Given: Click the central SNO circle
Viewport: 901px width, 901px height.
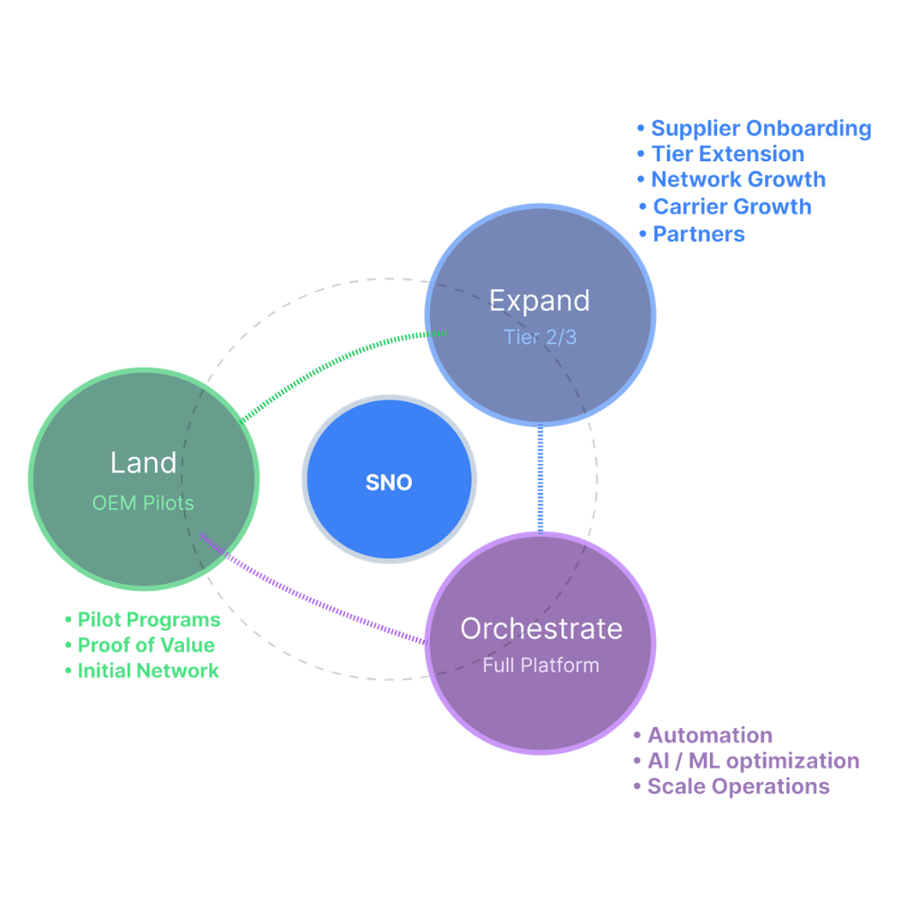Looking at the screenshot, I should pyautogui.click(x=389, y=482).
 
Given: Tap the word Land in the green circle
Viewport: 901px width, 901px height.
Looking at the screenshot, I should pyautogui.click(x=143, y=463).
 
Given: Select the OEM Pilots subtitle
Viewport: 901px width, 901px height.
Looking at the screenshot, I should pyautogui.click(x=143, y=503).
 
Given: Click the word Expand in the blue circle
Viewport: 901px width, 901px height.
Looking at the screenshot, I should pyautogui.click(x=539, y=301).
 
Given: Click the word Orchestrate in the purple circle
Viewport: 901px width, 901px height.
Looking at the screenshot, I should pyautogui.click(x=541, y=628).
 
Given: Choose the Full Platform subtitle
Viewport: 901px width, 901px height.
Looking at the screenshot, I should pyautogui.click(x=541, y=666).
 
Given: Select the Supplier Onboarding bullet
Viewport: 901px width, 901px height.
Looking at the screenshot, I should pyautogui.click(x=753, y=129).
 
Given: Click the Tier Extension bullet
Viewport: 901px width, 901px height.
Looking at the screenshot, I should pyautogui.click(x=720, y=154).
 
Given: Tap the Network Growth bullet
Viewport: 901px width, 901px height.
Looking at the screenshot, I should pyautogui.click(x=731, y=180).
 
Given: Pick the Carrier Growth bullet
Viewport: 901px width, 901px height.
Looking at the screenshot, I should pyautogui.click(x=724, y=207).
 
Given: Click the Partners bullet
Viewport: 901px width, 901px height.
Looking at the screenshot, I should pyautogui.click(x=690, y=234).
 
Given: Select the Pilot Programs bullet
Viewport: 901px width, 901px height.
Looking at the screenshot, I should pyautogui.click(x=142, y=620).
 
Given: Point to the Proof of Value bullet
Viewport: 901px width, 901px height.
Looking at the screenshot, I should pyautogui.click(x=140, y=645).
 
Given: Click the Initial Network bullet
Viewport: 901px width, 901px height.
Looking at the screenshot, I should pyautogui.click(x=142, y=671).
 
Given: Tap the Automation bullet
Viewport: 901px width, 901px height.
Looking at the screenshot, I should pyautogui.click(x=703, y=735).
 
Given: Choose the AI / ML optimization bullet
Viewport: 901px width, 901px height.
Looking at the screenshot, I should pyautogui.click(x=746, y=760).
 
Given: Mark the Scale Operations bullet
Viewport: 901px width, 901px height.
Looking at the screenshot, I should pyautogui.click(x=731, y=787).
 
